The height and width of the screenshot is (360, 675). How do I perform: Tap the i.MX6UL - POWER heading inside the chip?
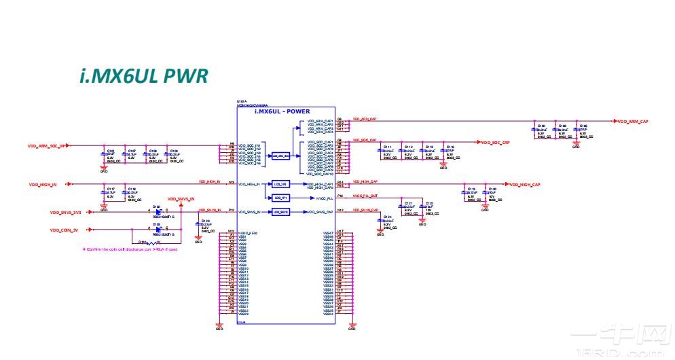pos(282,111)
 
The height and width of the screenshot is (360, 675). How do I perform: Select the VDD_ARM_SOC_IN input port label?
pos(47,145)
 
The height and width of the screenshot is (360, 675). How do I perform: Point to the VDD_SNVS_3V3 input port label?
pos(65,212)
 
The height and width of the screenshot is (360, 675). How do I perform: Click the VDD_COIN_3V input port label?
pos(64,230)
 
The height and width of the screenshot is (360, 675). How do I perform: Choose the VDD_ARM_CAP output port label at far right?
pos(634,122)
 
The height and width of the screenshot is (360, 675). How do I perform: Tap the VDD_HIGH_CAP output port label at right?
pos(525,185)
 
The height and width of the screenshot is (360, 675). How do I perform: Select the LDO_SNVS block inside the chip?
pos(281,213)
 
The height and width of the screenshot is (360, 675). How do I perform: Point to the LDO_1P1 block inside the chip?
pos(281,198)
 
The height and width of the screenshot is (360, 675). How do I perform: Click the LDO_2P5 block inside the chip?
pos(281,183)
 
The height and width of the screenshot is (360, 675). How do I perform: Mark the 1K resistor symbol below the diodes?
pos(150,242)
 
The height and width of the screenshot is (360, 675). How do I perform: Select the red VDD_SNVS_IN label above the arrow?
pos(181,199)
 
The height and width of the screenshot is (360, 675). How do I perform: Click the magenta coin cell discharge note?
pos(130,249)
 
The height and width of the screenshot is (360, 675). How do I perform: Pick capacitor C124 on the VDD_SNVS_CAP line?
pos(383,221)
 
